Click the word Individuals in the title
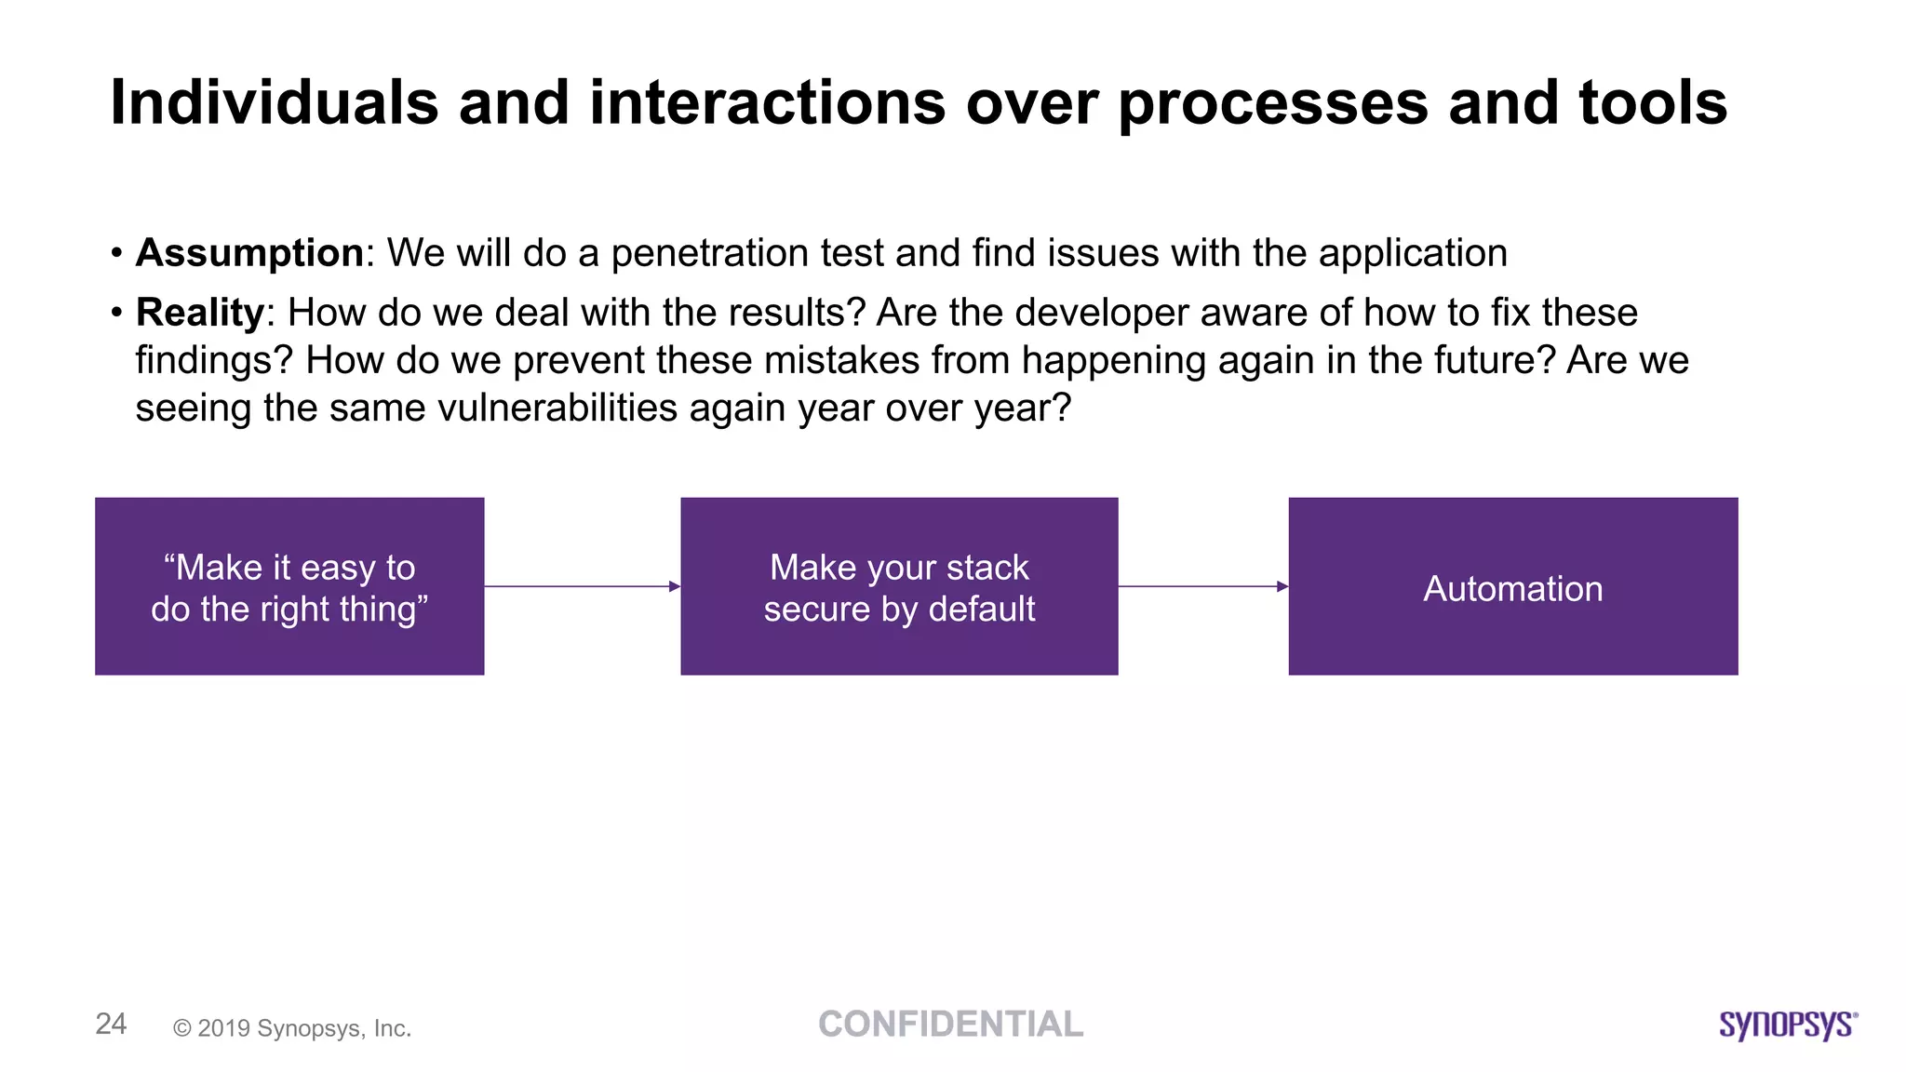pyautogui.click(x=274, y=102)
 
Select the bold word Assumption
pyautogui.click(x=249, y=253)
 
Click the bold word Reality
pyautogui.click(x=200, y=313)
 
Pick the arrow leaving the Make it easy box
pyautogui.click(x=582, y=586)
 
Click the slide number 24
pyautogui.click(x=111, y=1024)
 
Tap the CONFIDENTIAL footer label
pyautogui.click(x=950, y=1024)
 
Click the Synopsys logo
pyautogui.click(x=1788, y=1025)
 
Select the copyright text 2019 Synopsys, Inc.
pyautogui.click(x=292, y=1028)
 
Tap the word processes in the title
pyautogui.click(x=1272, y=102)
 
